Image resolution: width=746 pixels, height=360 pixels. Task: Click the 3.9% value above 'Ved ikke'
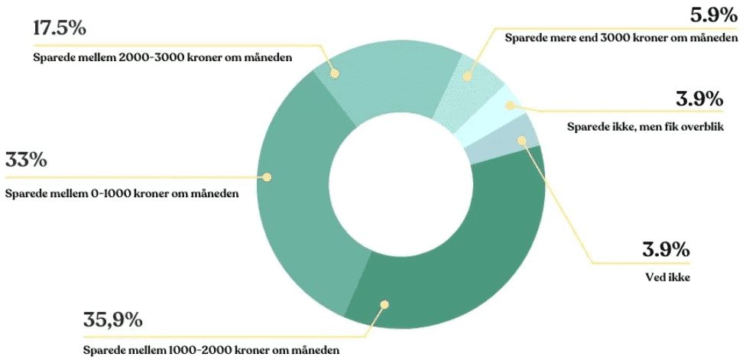click(668, 249)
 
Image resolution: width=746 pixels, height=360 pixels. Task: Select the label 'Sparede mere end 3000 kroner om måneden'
click(621, 37)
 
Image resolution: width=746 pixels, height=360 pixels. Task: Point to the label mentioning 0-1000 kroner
click(122, 193)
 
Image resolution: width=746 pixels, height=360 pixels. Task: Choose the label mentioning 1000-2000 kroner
click(212, 351)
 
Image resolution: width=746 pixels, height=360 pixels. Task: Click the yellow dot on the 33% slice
click(268, 177)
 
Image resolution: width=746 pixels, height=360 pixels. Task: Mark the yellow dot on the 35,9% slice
click(384, 304)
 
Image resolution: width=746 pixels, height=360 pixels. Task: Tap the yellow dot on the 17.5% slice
click(334, 73)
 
